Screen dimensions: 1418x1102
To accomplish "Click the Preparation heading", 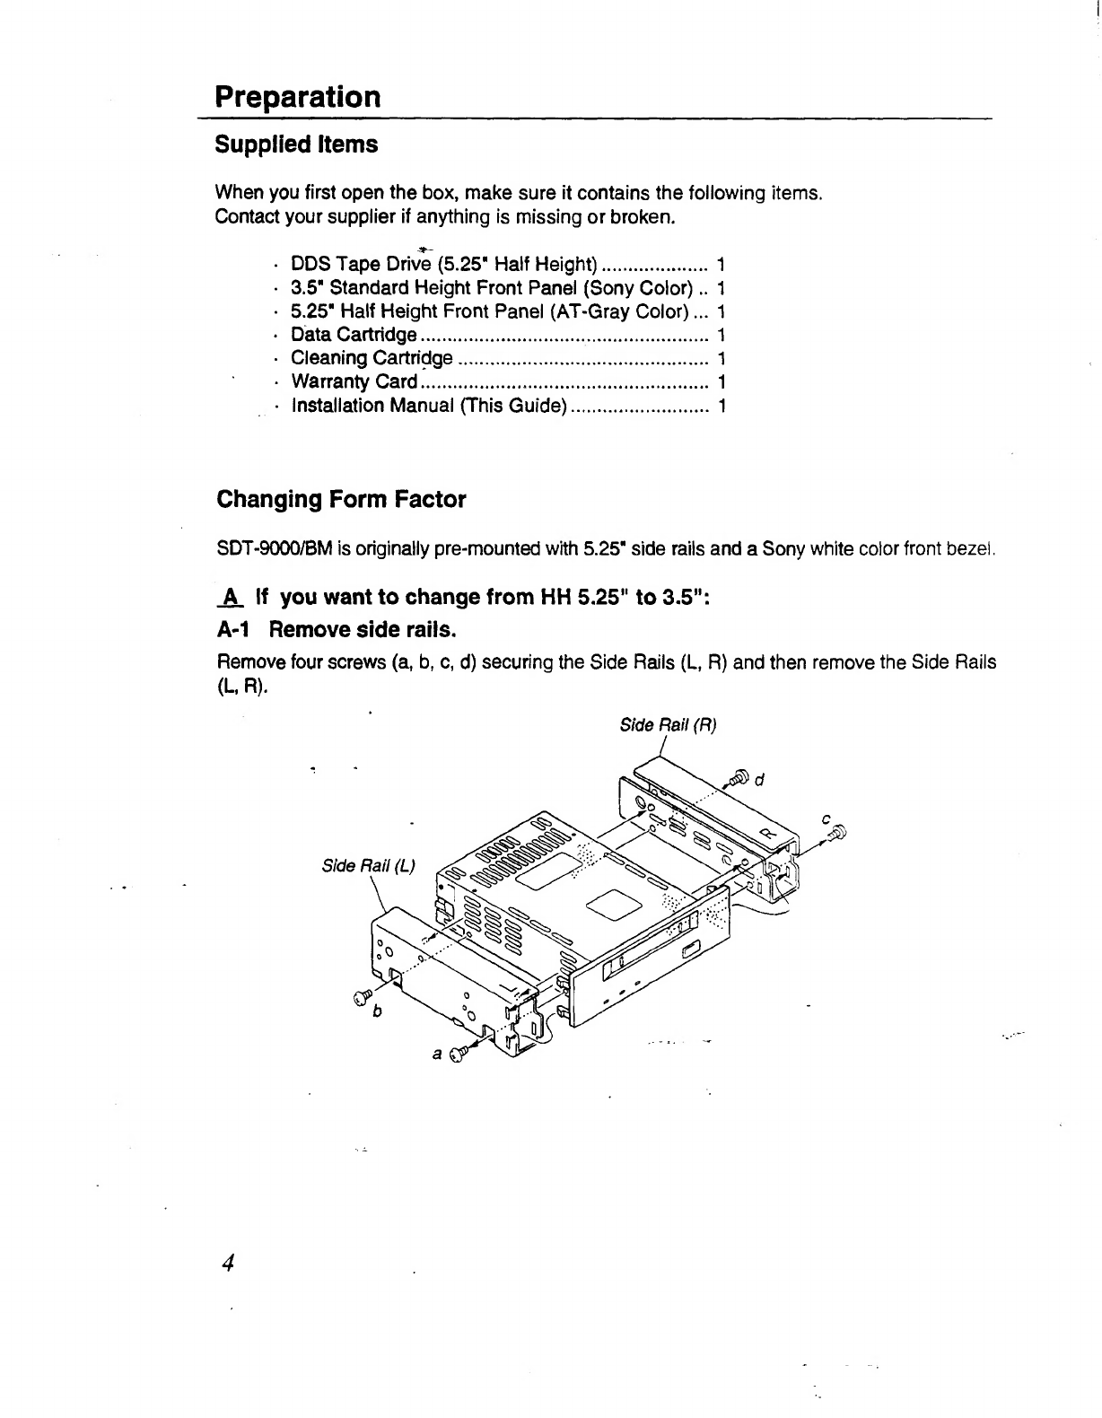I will click(298, 96).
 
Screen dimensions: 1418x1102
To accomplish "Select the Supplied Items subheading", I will click(296, 144).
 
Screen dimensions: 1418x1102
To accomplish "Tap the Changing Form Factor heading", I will click(341, 499).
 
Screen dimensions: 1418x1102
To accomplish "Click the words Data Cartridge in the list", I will click(354, 335).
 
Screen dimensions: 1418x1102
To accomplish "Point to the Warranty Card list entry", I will click(354, 381).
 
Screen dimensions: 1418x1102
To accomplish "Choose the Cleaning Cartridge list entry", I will click(372, 358).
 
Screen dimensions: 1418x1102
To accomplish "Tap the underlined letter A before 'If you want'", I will click(231, 597).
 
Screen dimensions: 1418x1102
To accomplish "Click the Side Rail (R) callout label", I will click(669, 725).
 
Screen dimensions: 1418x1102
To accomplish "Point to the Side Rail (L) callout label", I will click(368, 866).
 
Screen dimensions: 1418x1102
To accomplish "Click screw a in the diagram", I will click(460, 1051).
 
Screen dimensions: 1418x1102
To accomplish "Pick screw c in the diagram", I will click(839, 835).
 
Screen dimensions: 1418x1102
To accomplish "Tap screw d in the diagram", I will click(740, 776).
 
